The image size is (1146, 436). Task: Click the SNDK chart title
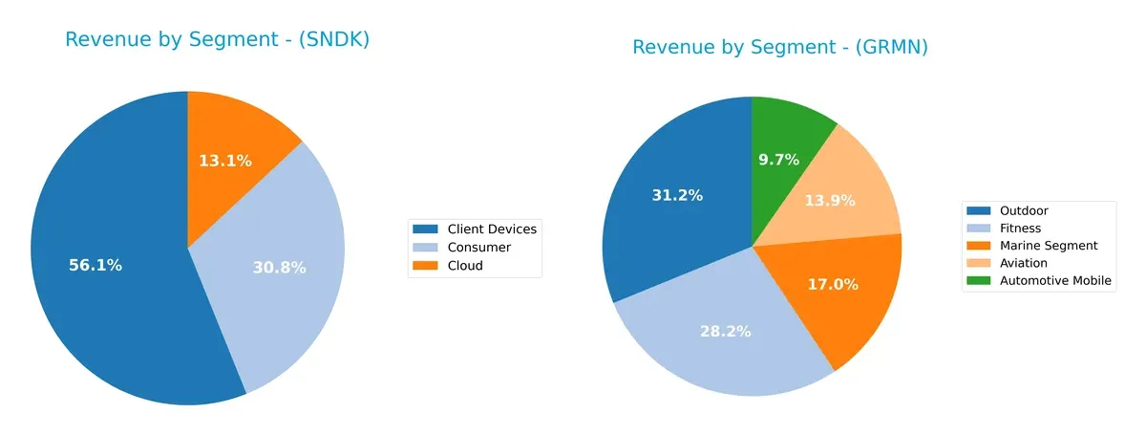(217, 40)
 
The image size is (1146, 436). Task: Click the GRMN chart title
(780, 47)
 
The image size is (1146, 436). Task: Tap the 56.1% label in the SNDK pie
(95, 266)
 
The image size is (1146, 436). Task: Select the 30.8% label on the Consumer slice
(279, 269)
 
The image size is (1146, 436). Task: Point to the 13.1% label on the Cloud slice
(225, 161)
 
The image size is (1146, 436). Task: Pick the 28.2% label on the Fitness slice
(724, 332)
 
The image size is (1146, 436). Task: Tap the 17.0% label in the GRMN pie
(832, 285)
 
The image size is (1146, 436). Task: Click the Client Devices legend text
(492, 229)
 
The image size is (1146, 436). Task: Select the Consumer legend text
(478, 248)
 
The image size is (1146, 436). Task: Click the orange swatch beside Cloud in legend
(426, 266)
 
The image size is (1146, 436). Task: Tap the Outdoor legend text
(1024, 210)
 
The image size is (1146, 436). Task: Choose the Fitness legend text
(1020, 229)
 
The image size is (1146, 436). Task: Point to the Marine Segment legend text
(1049, 246)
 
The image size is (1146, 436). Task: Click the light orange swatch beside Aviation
(980, 263)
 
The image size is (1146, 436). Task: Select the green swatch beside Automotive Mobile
(980, 281)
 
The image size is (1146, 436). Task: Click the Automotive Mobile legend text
(1054, 281)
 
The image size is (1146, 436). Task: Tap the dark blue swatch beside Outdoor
(980, 210)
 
